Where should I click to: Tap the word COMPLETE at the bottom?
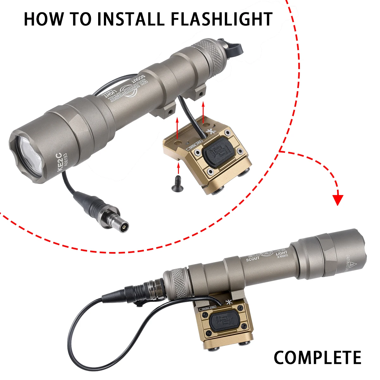pos(317,357)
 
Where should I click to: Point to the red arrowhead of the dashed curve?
pos(339,199)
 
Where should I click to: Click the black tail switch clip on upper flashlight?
pos(236,47)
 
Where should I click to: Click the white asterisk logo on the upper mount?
pos(209,132)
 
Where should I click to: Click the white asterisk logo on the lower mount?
pos(227,301)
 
